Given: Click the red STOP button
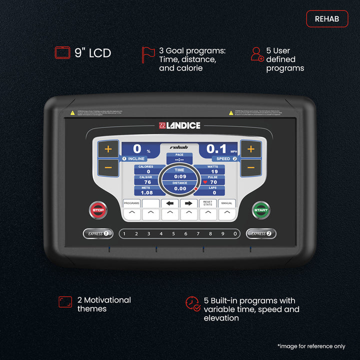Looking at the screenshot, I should [98, 210].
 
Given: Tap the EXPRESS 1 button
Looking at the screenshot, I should [98, 233].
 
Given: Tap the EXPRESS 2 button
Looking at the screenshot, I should [261, 233].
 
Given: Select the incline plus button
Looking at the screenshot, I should [108, 148].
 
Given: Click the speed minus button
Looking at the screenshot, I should [251, 167].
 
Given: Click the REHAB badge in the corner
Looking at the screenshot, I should [327, 19].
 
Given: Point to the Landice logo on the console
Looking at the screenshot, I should [179, 125].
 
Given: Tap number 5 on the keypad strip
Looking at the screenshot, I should [173, 233].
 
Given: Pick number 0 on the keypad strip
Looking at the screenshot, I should [234, 233].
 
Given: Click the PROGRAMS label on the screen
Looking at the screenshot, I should [131, 203].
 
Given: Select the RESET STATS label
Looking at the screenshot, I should [208, 203].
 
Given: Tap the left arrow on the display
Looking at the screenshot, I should [170, 203].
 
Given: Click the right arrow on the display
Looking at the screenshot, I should [188, 203].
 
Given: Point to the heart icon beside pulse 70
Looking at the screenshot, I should [205, 182].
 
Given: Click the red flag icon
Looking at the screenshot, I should [148, 55].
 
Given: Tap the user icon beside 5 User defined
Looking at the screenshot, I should [257, 54].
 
